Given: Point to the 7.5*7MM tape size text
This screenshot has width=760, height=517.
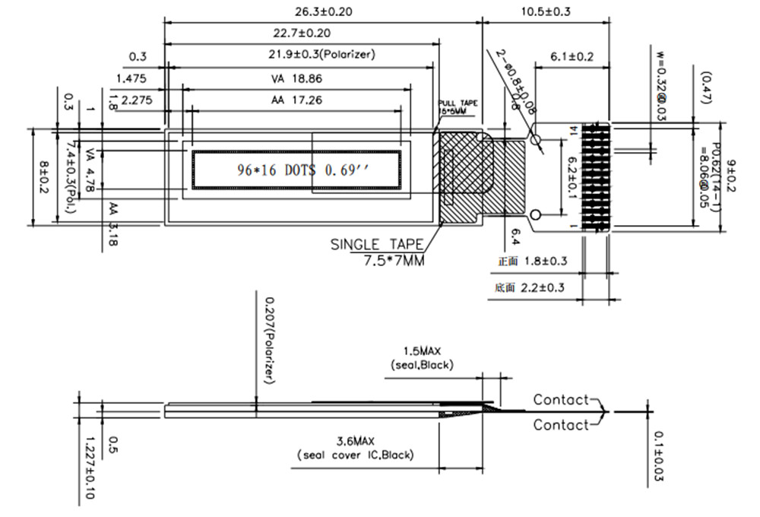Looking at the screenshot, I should [x=389, y=261].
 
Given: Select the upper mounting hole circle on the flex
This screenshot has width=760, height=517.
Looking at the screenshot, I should [x=536, y=141].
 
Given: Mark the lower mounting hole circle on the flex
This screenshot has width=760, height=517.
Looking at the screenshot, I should [x=536, y=214].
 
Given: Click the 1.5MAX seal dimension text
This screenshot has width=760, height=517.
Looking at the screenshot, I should [x=422, y=351].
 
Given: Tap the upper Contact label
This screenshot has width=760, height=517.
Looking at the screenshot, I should [x=561, y=399].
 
